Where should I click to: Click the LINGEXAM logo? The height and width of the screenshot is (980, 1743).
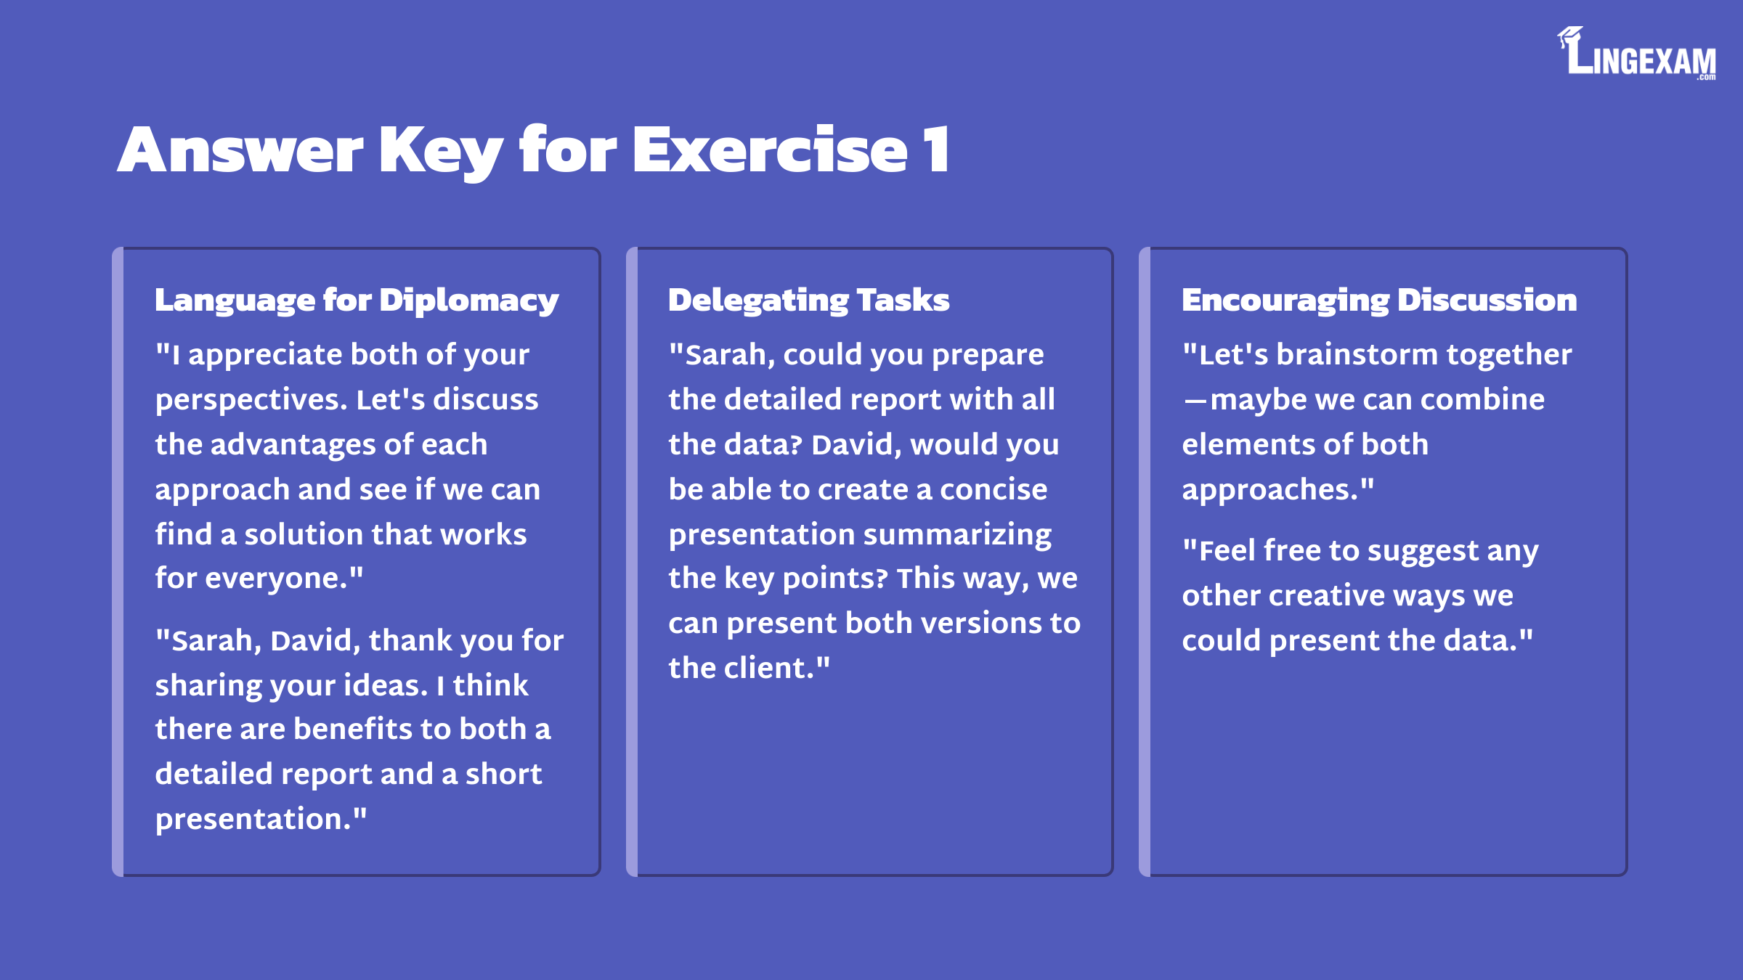click(1637, 53)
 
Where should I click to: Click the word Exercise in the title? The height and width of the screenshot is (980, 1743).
click(770, 150)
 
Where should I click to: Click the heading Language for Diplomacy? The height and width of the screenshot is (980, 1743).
click(357, 301)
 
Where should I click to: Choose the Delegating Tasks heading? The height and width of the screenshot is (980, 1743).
click(809, 301)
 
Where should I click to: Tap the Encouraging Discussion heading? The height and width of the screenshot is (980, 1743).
click(1379, 301)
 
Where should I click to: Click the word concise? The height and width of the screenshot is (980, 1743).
click(994, 490)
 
